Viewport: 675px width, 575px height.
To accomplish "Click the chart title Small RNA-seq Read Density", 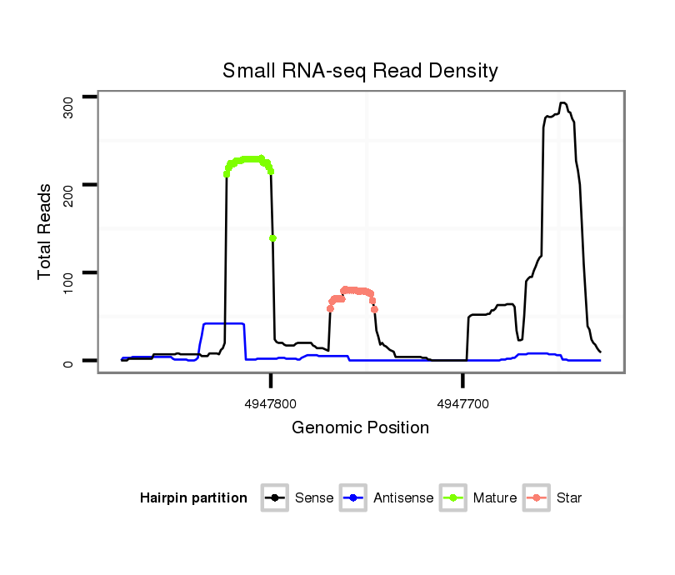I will [360, 71].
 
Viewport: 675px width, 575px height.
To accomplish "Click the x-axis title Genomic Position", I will [360, 428].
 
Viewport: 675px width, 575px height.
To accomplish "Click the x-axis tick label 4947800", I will [270, 404].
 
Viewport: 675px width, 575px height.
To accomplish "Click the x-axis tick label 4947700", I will [462, 404].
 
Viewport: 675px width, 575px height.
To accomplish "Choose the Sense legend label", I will [314, 498].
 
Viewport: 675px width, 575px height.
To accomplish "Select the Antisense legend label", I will [403, 498].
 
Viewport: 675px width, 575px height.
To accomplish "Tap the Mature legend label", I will [495, 498].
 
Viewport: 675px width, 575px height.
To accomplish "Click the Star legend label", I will [568, 498].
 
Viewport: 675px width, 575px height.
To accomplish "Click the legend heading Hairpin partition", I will [193, 498].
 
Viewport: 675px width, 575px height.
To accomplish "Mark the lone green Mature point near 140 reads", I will [272, 238].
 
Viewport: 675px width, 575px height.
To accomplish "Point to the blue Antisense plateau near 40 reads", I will [223, 323].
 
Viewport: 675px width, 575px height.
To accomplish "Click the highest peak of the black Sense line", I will [563, 103].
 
